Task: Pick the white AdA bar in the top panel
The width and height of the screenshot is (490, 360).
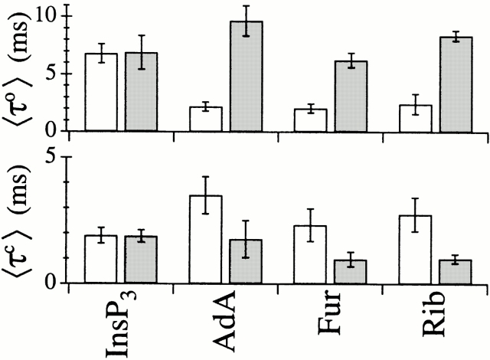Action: (206, 119)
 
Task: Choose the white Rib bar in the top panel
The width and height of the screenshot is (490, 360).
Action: (415, 118)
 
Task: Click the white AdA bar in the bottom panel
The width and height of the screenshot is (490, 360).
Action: (206, 240)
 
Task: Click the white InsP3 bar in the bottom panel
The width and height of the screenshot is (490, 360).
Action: (100, 259)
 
